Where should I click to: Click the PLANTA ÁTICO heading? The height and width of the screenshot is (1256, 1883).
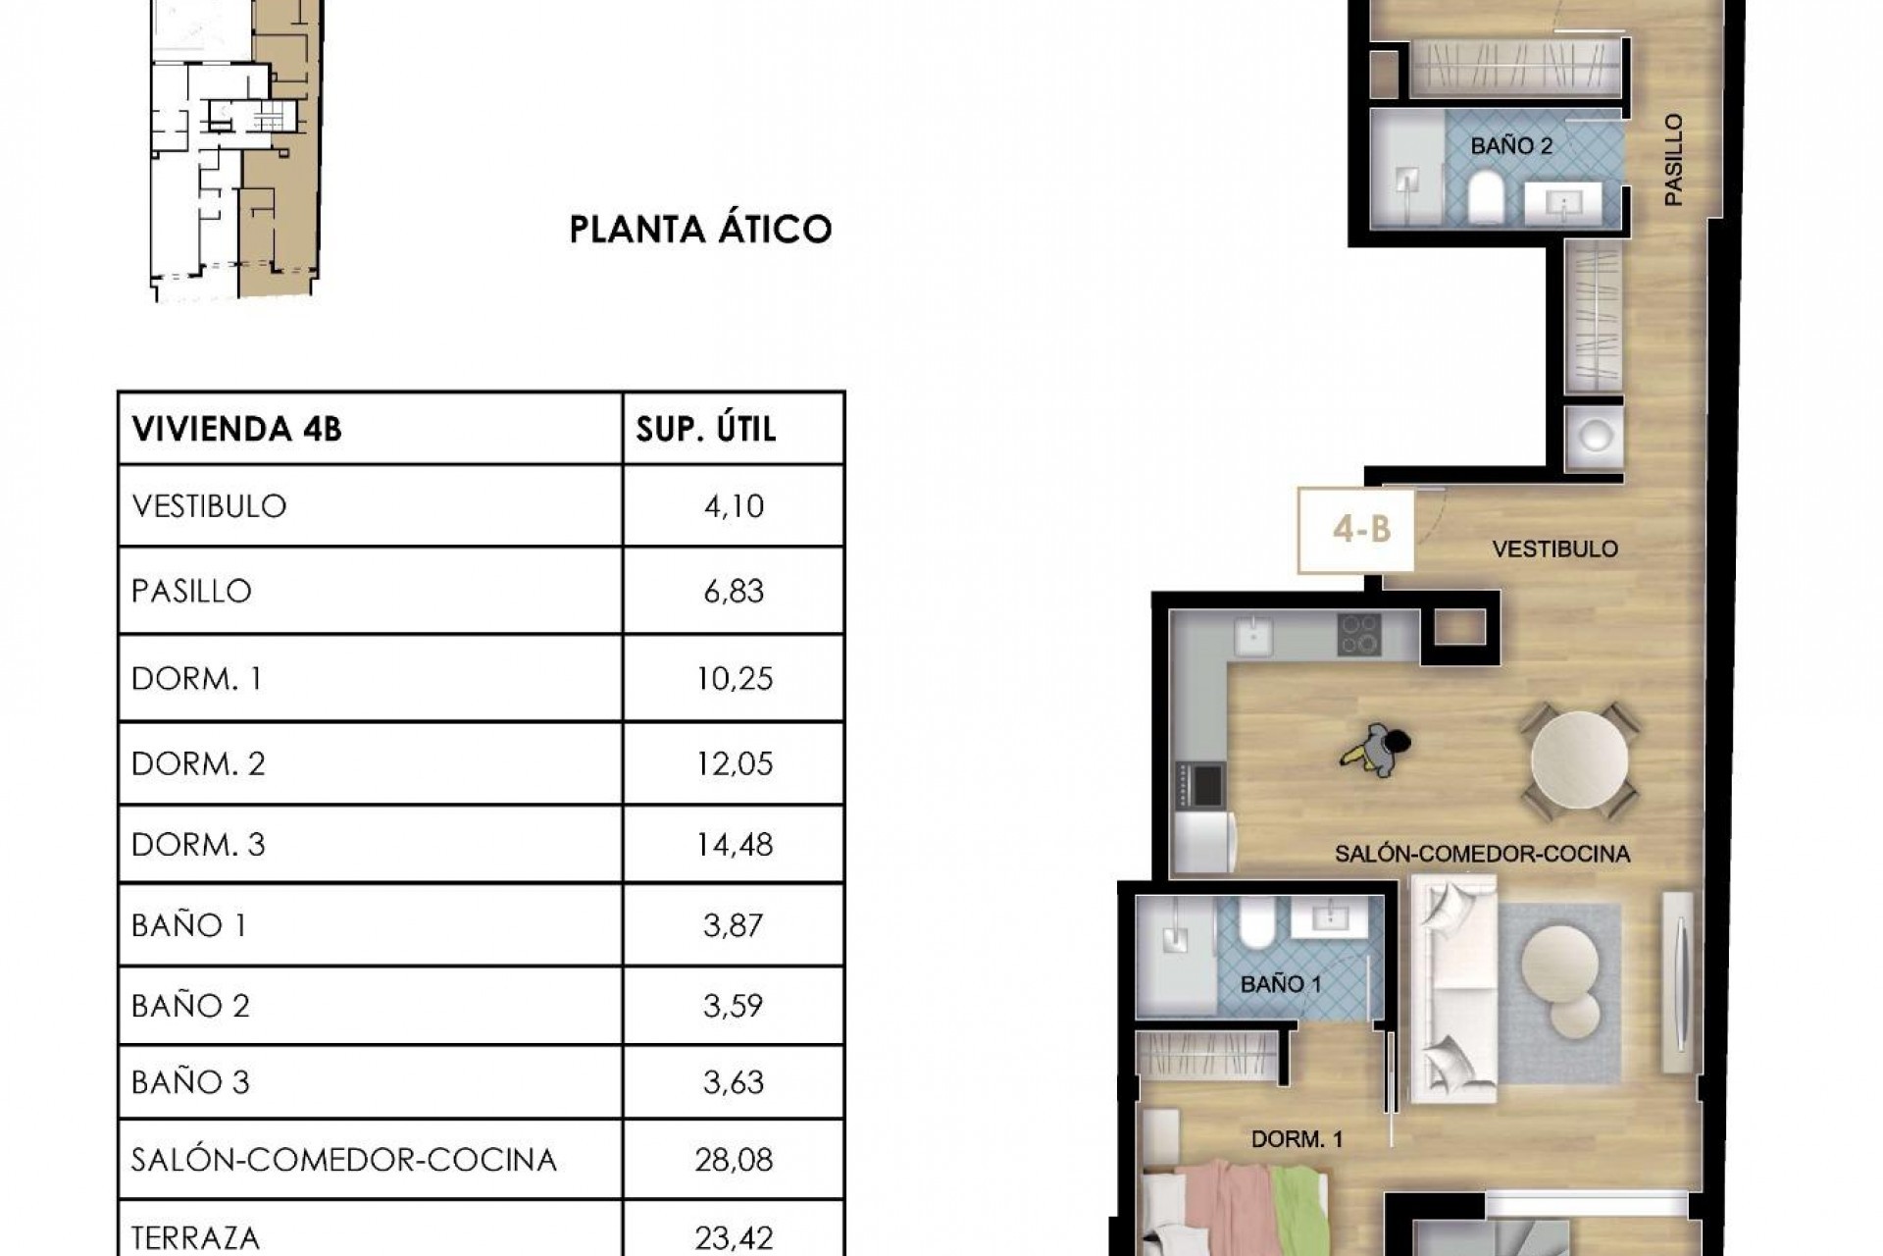700,230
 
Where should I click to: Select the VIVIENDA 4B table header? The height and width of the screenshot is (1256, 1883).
236,429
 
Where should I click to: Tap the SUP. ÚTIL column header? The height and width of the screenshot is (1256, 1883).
706,429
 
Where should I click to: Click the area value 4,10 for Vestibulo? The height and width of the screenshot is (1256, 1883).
733,506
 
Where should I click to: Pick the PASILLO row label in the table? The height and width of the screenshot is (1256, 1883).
191,591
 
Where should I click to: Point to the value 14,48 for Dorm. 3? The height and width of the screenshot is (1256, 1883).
734,845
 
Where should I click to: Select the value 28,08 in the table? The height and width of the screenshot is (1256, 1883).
734,1160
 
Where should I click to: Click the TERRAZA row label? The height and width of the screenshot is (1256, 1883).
195,1238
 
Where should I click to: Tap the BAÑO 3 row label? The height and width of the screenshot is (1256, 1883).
190,1082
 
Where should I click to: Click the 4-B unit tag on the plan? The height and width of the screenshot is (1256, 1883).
1361,530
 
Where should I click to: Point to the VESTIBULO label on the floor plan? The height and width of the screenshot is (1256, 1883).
1554,549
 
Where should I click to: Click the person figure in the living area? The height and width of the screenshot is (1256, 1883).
1378,752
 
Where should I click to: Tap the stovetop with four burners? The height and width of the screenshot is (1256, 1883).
1359,635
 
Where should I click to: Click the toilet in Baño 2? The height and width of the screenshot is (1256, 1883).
1486,197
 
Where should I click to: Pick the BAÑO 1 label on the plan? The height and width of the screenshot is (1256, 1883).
1281,984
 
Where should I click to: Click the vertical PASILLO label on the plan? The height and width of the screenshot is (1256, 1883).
1673,160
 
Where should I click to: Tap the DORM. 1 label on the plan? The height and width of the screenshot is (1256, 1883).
1297,1139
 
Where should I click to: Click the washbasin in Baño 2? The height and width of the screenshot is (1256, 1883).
1561,204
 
